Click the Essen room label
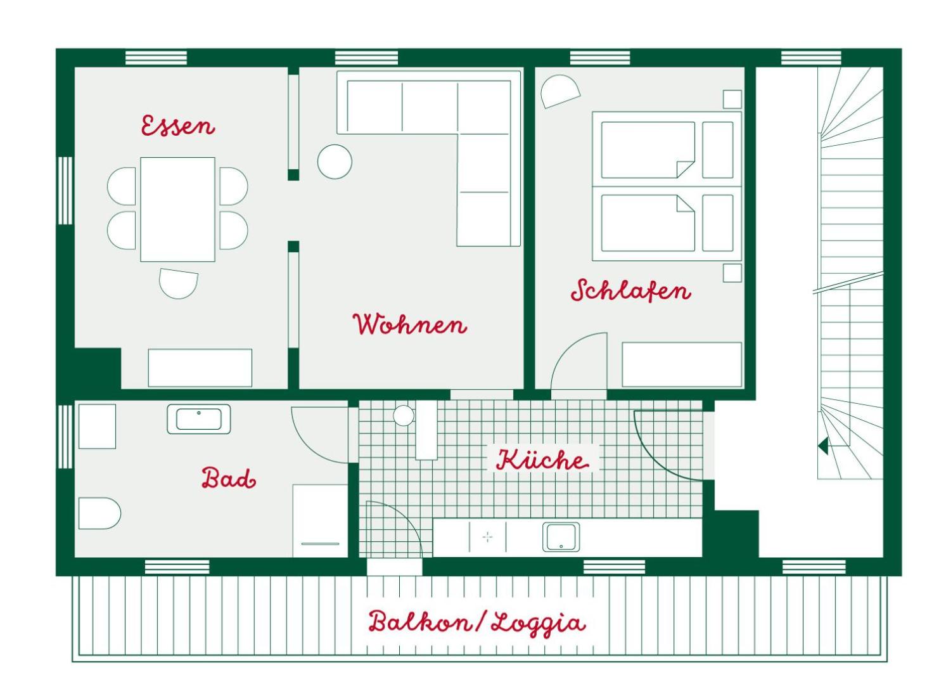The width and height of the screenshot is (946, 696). pos(178,125)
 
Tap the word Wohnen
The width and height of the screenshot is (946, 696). pos(410,325)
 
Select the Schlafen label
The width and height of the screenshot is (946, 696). pos(631,290)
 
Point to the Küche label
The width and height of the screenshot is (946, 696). pos(542,460)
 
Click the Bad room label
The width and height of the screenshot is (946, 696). pos(229,479)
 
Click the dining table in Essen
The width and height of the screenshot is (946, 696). pos(178,210)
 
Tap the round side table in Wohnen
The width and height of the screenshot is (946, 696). pos(335,162)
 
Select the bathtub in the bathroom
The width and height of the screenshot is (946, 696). pos(199,419)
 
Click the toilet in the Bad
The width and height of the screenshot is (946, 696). pos(99,513)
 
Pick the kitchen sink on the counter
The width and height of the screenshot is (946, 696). pos(561,537)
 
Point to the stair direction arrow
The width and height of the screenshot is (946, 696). pos(823,446)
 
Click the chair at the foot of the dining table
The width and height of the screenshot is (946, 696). pos(179,283)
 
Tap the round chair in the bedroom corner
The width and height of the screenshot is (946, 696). pos(560,91)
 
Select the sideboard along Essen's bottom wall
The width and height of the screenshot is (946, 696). pos(200,368)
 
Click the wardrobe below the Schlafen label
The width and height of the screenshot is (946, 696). pos(682,364)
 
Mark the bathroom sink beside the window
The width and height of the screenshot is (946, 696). pos(97,427)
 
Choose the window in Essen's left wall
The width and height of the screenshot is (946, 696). pos(65,190)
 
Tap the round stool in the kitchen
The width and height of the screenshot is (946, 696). pos(404,415)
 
